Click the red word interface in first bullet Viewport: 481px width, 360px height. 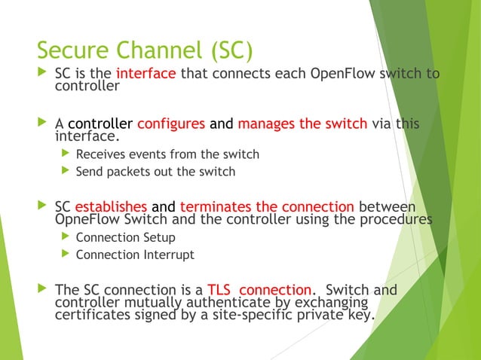(x=146, y=74)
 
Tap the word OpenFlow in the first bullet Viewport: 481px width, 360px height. (x=338, y=74)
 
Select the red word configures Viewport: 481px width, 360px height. (x=171, y=124)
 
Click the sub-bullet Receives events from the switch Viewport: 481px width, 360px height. (x=167, y=154)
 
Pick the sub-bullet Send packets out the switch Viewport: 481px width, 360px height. (x=155, y=171)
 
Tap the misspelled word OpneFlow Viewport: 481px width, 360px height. (x=87, y=219)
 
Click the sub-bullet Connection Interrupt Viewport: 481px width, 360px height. (x=135, y=255)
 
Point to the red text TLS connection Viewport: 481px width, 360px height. (x=259, y=290)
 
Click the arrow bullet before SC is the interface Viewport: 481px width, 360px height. (x=41, y=74)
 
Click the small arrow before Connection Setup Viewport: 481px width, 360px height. (x=65, y=237)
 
